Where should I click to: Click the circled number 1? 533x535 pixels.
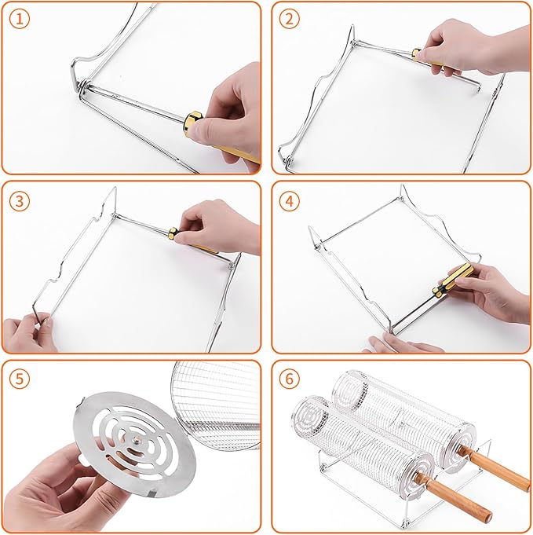[19, 19]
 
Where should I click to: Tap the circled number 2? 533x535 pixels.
[289, 19]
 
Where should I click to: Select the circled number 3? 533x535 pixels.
[19, 201]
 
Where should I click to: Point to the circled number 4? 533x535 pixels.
[289, 201]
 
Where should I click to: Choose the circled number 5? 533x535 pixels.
[19, 379]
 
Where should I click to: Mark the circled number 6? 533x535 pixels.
[289, 379]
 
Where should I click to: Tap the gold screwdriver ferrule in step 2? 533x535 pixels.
[417, 54]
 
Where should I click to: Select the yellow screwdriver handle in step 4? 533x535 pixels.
[459, 277]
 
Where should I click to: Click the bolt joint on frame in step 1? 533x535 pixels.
[82, 86]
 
